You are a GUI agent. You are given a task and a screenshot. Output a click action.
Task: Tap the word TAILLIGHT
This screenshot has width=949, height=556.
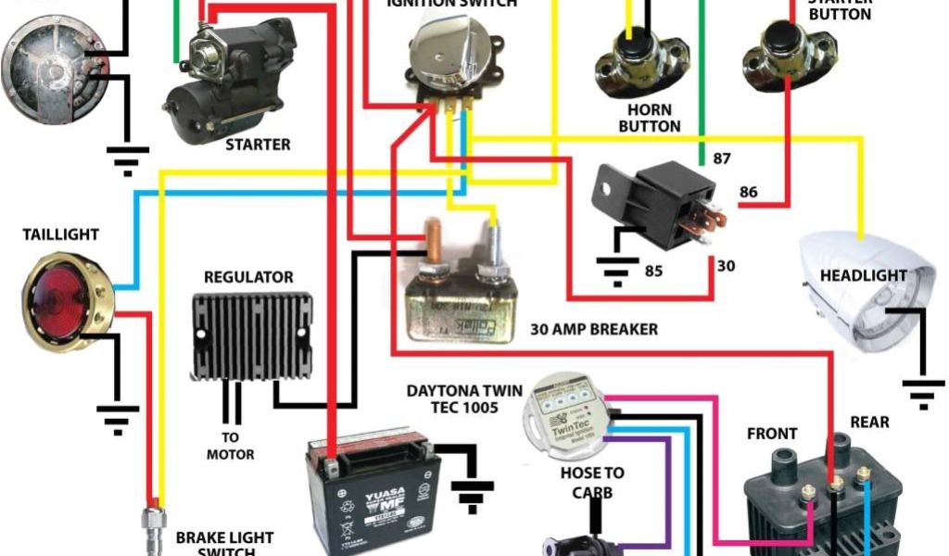(60, 235)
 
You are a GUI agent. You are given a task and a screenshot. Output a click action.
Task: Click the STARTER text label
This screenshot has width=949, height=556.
(258, 145)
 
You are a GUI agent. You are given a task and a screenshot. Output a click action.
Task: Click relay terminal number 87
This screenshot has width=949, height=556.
(722, 158)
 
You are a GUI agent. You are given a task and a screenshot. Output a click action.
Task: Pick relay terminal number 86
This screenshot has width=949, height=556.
(748, 193)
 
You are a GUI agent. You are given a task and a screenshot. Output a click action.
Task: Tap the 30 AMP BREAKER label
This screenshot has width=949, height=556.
(594, 329)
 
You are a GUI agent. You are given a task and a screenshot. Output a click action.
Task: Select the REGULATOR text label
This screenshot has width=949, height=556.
(248, 277)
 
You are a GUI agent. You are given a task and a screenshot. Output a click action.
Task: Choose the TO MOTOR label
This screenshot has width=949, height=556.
(230, 446)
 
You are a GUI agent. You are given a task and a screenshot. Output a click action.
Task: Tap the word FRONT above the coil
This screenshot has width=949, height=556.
(772, 434)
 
